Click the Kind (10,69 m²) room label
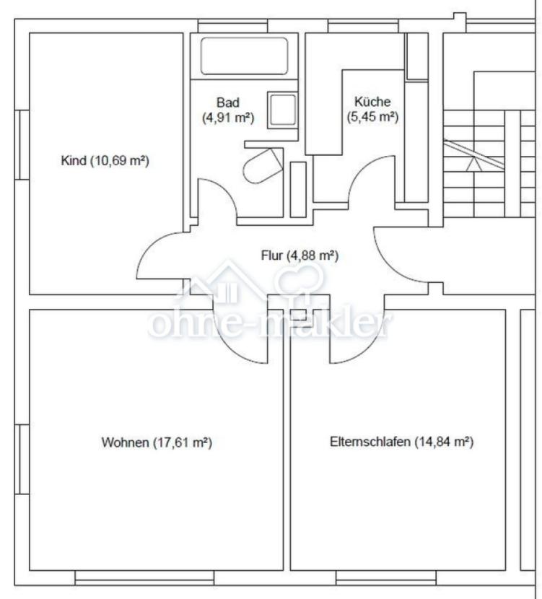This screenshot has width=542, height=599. coord(105,160)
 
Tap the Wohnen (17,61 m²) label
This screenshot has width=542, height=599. coord(157,442)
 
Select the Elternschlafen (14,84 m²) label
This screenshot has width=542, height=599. coord(401,442)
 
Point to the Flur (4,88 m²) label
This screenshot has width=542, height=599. coord(300,255)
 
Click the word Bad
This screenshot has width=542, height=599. coord(228,102)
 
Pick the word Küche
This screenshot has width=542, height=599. coord(372,102)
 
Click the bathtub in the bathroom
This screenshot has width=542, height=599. coord(244,56)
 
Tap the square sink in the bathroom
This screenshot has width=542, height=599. coord(283,110)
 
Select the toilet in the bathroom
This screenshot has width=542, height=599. coord(263,166)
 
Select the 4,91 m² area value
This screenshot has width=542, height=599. coord(228,118)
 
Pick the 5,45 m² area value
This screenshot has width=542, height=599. coord(372,116)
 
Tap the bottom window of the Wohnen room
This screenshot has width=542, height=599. coord(145,577)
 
